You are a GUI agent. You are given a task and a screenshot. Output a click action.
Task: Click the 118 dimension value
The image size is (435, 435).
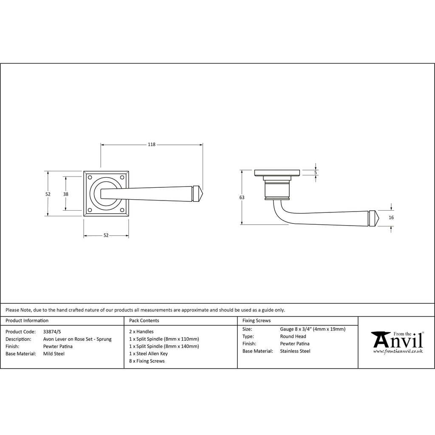point(152,144)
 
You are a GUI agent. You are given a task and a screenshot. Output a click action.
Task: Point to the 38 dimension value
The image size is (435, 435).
point(66,194)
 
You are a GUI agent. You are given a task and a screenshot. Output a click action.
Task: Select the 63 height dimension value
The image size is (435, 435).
point(242,198)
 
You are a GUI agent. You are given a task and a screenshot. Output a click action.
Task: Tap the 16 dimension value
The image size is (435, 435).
point(391,217)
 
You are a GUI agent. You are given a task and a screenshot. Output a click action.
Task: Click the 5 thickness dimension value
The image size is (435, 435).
point(316,172)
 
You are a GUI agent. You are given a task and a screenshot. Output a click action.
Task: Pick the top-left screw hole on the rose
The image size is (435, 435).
point(90,177)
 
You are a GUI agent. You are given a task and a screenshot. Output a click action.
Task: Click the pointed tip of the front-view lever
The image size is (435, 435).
point(204,193)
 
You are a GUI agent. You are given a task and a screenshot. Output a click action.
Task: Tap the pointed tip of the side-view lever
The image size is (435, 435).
point(379,218)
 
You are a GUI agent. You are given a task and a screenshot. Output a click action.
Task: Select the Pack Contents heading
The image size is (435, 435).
point(144,320)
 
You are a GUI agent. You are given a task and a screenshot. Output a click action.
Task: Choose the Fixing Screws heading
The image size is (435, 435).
point(256,320)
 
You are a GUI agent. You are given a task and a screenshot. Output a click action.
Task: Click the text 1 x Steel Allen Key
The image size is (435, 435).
point(148,353)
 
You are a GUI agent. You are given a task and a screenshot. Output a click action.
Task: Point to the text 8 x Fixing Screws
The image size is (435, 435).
point(147,361)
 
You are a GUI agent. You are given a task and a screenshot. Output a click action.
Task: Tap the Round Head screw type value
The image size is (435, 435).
point(293,336)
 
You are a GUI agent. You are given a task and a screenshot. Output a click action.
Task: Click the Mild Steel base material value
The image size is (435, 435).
point(54,354)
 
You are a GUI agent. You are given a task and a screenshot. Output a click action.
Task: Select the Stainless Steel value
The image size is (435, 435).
point(295,351)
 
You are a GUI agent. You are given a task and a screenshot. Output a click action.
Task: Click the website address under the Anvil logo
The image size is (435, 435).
point(398,351)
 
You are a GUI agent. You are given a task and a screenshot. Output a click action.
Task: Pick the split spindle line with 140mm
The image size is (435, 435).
point(164,346)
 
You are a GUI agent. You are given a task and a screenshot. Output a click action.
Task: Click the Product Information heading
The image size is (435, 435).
point(27,320)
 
